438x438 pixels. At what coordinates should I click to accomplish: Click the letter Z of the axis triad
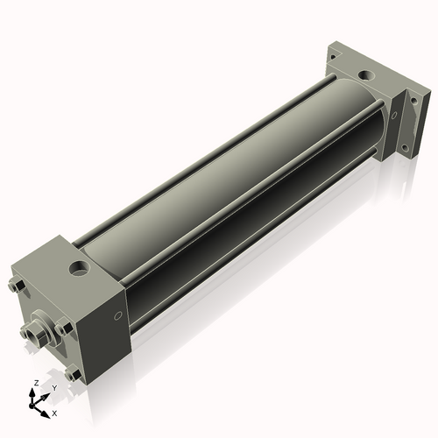[x=34, y=384]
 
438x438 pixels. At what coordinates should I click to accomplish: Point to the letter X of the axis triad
[x=55, y=412]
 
